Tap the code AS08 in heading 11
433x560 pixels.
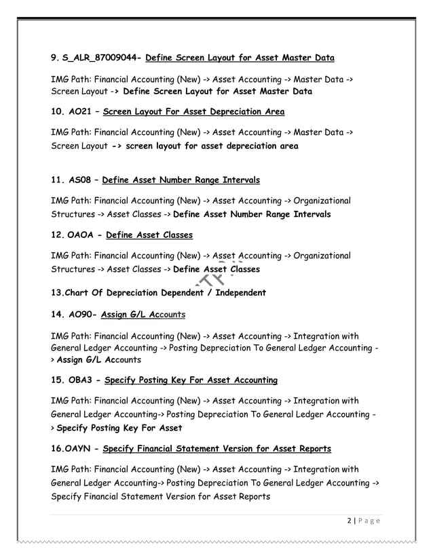(79, 180)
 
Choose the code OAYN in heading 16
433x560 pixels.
(81, 448)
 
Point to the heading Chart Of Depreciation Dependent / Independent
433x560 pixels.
(158, 293)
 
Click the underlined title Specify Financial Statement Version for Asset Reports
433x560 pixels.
(217, 448)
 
